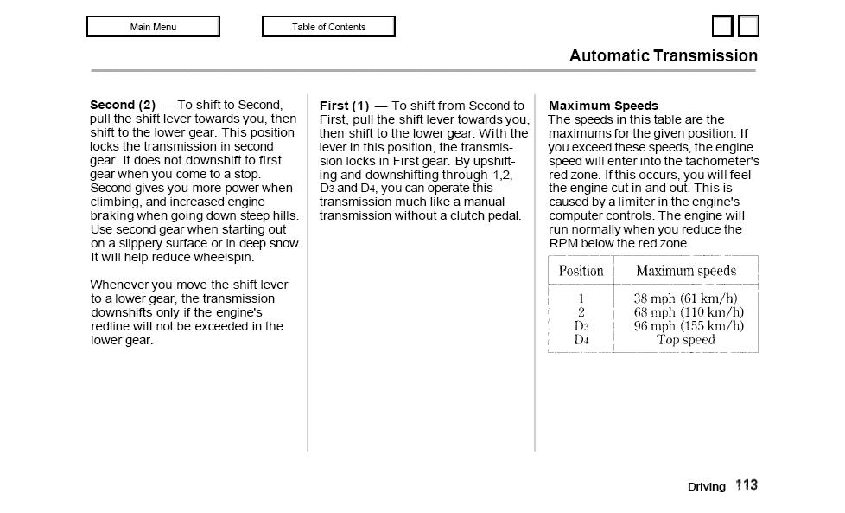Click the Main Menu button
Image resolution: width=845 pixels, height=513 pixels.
[x=153, y=27]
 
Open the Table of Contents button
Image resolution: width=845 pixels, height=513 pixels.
[x=328, y=27]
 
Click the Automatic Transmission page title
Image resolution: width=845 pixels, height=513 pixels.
[x=663, y=56]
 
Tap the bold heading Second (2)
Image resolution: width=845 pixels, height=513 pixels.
[x=123, y=105]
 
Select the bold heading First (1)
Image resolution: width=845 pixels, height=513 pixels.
[x=344, y=106]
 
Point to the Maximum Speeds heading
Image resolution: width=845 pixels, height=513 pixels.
[x=603, y=106]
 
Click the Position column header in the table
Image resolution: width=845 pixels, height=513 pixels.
[x=581, y=271]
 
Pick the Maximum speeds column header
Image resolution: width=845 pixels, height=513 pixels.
[x=686, y=271]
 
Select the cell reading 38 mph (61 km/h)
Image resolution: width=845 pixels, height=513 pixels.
[x=686, y=298]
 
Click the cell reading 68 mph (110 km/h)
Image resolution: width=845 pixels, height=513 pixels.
[x=689, y=312]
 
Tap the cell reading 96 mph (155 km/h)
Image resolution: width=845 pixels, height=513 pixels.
[x=689, y=326]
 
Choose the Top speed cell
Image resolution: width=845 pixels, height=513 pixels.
[x=686, y=340]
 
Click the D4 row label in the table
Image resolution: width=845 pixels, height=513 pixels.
[x=581, y=340]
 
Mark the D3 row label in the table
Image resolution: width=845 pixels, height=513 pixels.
[x=581, y=326]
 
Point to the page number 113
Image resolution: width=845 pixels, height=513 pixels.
[x=747, y=485]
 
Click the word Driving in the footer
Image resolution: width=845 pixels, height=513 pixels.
[x=707, y=487]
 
